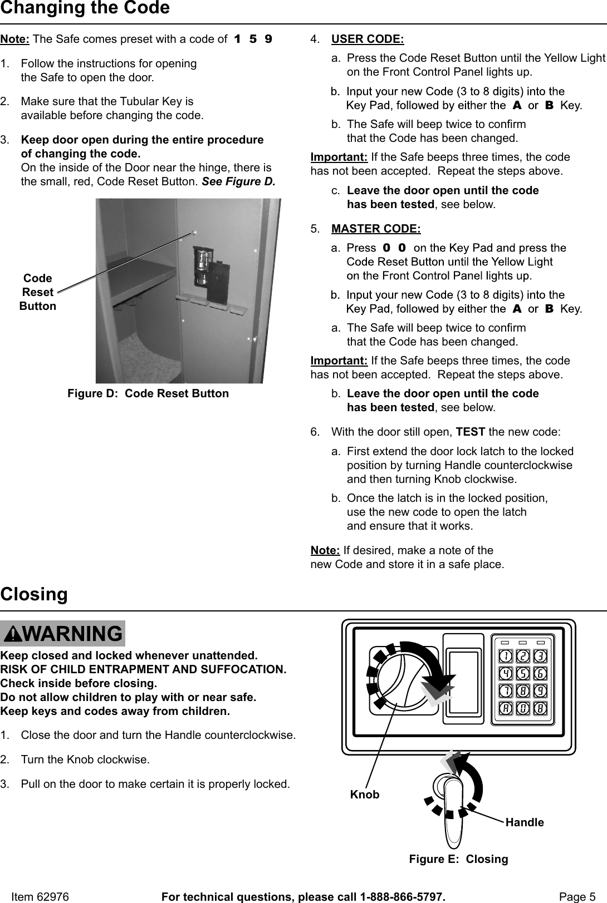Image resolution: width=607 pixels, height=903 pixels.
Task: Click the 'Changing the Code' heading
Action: point(85,8)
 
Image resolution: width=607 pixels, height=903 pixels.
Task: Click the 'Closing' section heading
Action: point(34,594)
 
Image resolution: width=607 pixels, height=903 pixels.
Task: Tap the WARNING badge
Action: point(63,634)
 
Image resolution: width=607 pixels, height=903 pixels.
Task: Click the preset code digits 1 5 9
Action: point(253,40)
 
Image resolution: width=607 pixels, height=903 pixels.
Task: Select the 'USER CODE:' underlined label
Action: point(368,40)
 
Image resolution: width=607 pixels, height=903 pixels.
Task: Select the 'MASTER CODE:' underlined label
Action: point(376,229)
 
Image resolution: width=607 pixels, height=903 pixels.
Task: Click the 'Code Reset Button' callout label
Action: point(37,292)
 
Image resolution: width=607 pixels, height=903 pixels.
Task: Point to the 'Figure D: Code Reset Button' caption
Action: point(148,393)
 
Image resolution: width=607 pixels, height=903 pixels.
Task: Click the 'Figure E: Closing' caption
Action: point(458,858)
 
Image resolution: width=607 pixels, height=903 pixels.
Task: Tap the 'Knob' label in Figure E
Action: point(365,795)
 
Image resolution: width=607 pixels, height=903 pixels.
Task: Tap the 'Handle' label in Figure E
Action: point(525,822)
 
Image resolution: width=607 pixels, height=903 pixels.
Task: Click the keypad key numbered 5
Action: point(523,674)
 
